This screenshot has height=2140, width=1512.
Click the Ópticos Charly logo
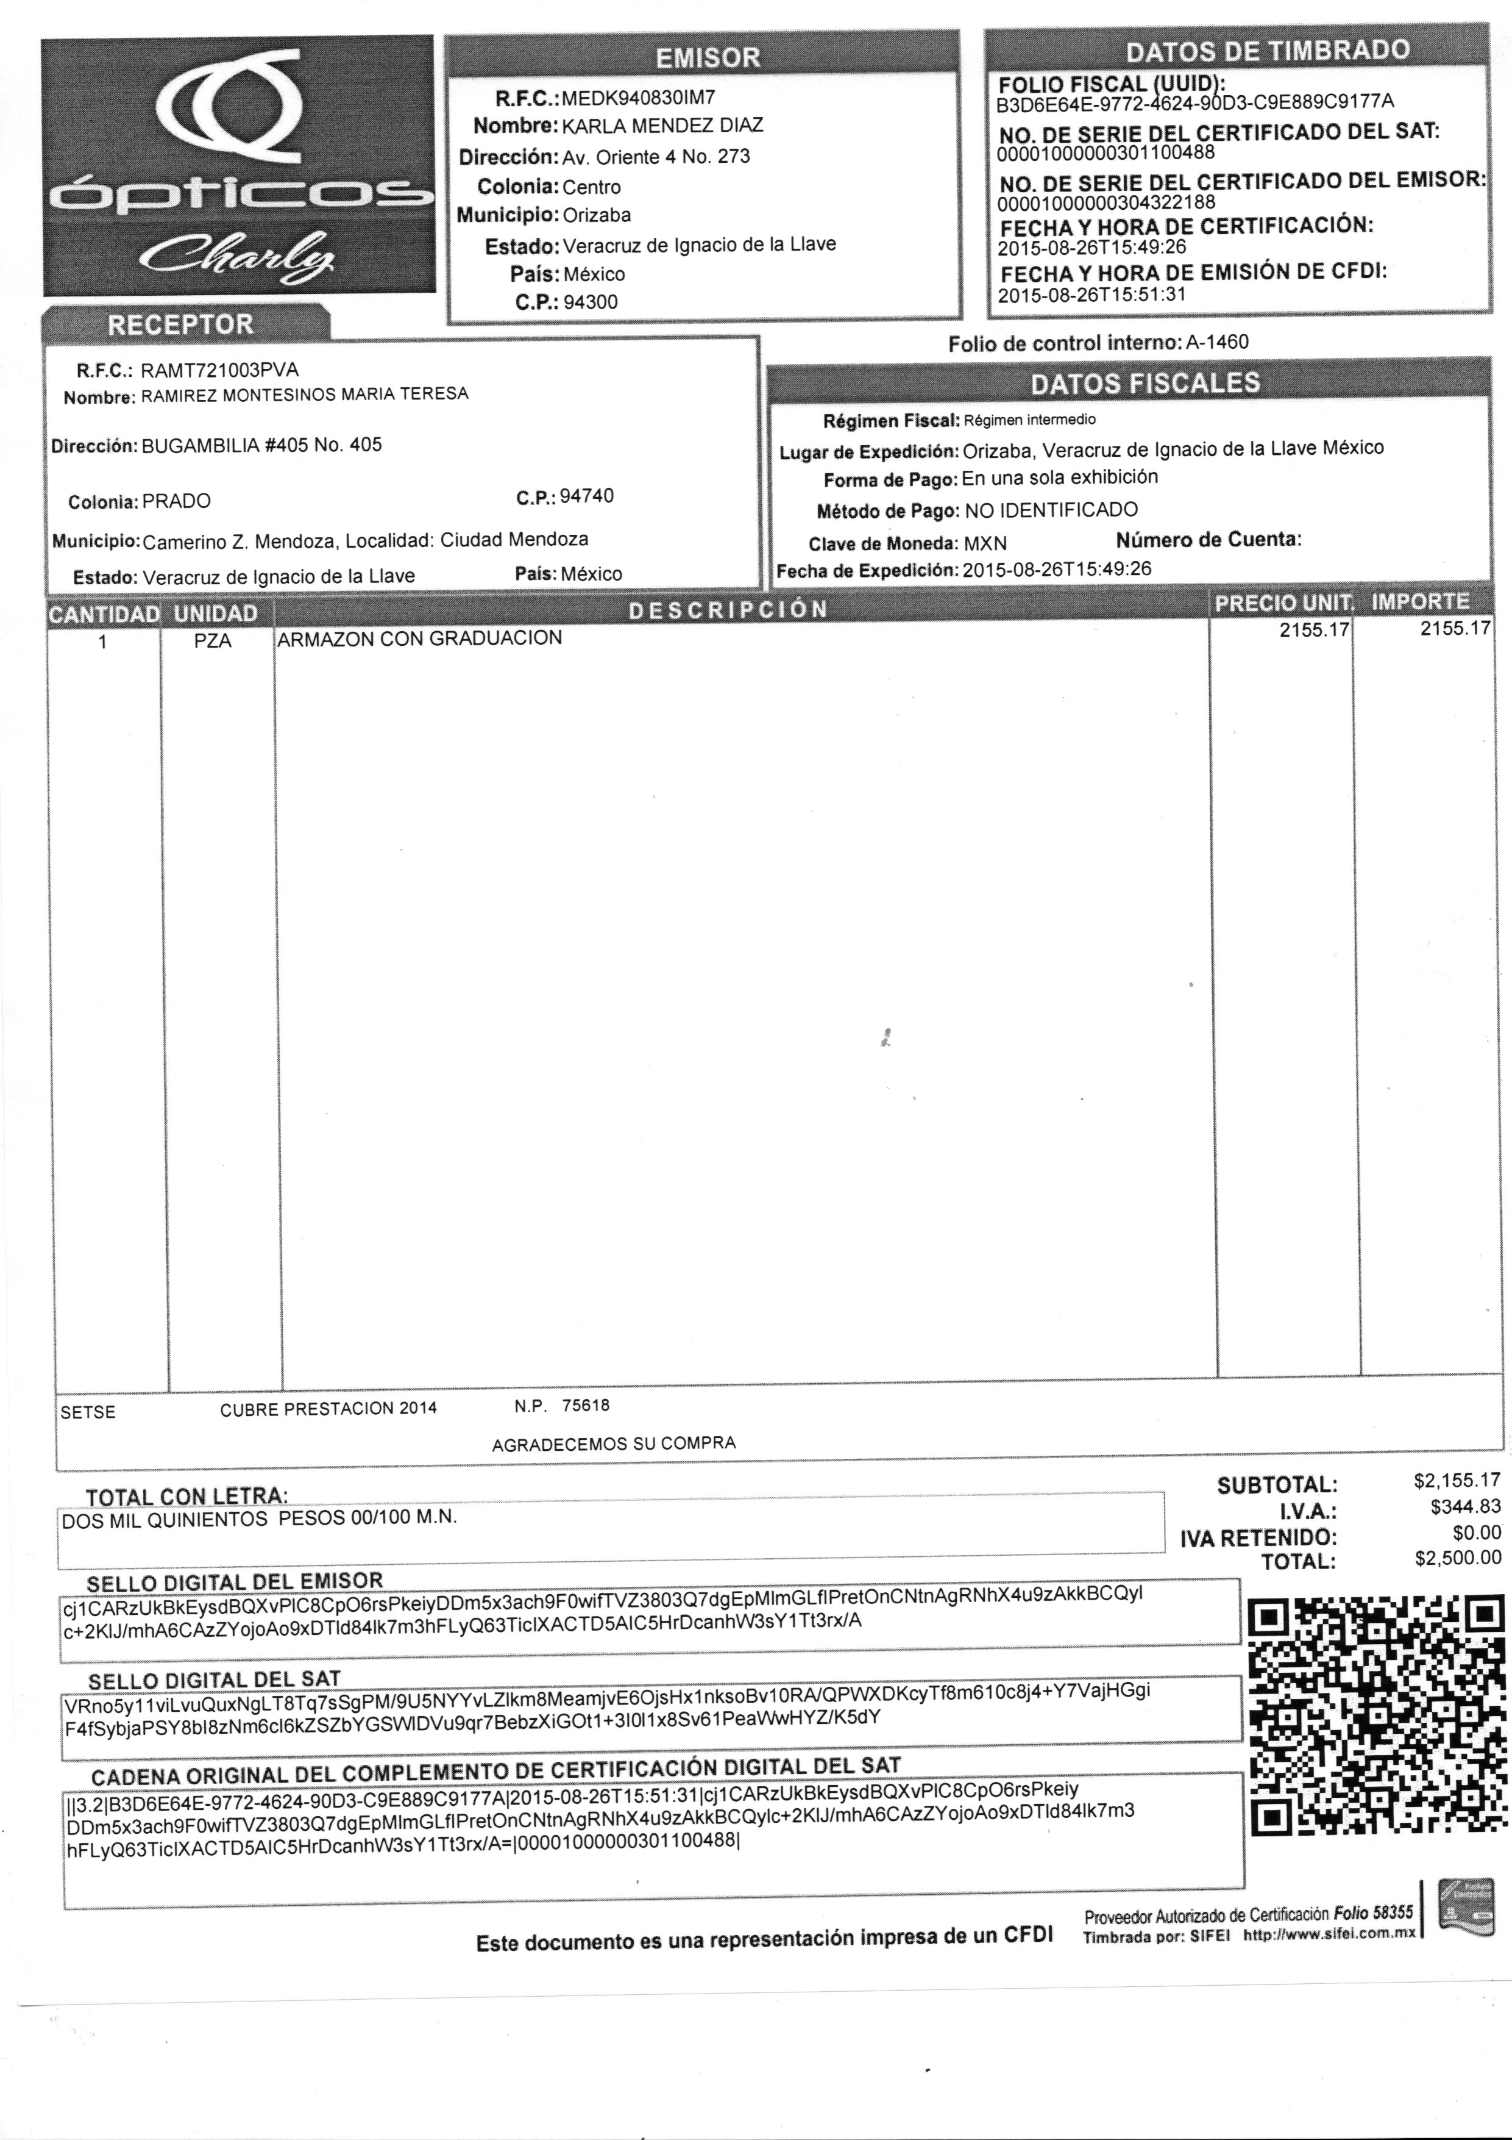coord(238,166)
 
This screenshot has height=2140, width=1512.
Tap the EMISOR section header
coord(706,58)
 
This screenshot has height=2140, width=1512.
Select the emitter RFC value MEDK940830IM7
coord(638,97)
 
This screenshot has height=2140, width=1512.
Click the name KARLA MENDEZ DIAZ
coord(662,126)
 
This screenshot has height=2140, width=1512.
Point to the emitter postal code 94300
coord(591,302)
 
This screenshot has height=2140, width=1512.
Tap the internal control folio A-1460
coord(1216,342)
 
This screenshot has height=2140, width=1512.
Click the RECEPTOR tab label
coord(181,325)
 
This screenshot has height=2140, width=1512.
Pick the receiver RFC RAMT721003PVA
coord(220,370)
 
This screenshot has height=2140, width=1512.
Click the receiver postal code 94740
coord(586,496)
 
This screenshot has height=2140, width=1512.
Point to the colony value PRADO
coord(176,501)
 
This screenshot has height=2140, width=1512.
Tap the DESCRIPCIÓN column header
coord(728,610)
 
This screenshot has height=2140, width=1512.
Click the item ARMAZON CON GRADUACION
coord(419,639)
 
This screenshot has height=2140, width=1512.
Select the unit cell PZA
coord(213,642)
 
